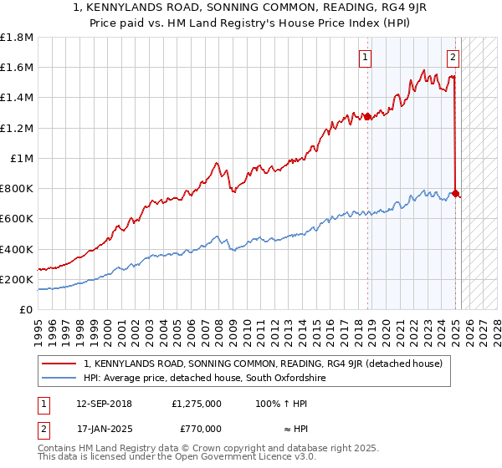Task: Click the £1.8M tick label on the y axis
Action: point(17,38)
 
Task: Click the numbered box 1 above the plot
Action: point(366,58)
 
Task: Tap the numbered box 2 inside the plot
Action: point(453,58)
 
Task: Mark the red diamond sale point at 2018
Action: point(367,117)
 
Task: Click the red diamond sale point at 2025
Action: point(455,194)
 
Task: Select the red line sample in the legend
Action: point(59,364)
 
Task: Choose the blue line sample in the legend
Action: point(59,379)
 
